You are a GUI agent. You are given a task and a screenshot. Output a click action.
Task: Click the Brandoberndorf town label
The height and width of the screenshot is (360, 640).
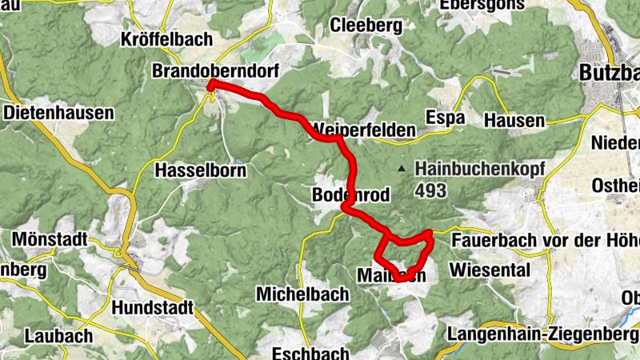pos(215,71)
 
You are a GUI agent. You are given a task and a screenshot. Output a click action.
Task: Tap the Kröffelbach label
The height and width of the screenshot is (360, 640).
pos(166,39)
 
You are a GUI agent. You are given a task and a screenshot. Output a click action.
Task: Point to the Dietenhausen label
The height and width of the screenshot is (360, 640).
pos(59,113)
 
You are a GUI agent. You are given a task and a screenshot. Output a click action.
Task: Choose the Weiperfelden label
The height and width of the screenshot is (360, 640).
pos(365,130)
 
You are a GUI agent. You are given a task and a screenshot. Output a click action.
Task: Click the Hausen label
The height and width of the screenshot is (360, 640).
pos(514,121)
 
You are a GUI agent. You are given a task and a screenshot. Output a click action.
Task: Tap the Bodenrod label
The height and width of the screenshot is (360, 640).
pos(350,195)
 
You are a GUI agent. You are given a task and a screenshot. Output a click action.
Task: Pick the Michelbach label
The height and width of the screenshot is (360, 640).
pos(302,294)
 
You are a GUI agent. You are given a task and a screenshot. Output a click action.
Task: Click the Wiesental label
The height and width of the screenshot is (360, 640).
pos(490,270)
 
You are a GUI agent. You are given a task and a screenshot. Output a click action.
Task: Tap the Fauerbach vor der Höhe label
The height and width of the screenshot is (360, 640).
pos(545,240)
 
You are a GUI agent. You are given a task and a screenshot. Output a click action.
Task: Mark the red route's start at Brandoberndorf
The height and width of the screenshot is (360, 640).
pos(210,85)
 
